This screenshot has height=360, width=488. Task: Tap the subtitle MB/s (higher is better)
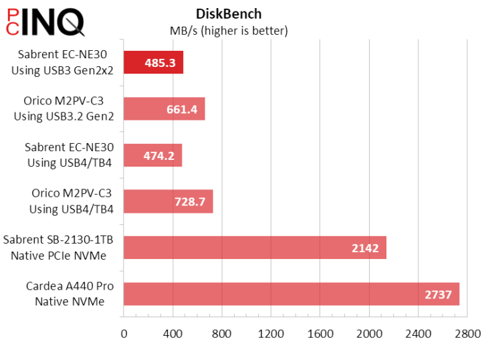229,30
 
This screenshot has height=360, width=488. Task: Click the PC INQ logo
43,23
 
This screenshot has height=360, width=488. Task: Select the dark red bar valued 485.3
154,63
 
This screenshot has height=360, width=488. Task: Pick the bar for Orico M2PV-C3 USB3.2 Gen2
164,109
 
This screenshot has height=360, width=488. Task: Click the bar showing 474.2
153,155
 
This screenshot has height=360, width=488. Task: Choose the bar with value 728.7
168,201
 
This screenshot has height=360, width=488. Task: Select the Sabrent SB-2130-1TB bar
255,248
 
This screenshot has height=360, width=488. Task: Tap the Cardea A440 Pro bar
291,294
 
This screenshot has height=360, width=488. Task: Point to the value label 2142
365,248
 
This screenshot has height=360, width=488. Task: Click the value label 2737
439,294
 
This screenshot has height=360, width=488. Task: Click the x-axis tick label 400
172,333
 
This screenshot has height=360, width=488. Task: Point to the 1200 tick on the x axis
271,333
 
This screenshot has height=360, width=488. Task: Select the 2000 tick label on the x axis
369,333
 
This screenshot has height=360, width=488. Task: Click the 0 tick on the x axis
124,333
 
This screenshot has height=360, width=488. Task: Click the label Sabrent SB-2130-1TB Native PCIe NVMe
59,248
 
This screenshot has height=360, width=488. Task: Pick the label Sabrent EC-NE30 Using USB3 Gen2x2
63,63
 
